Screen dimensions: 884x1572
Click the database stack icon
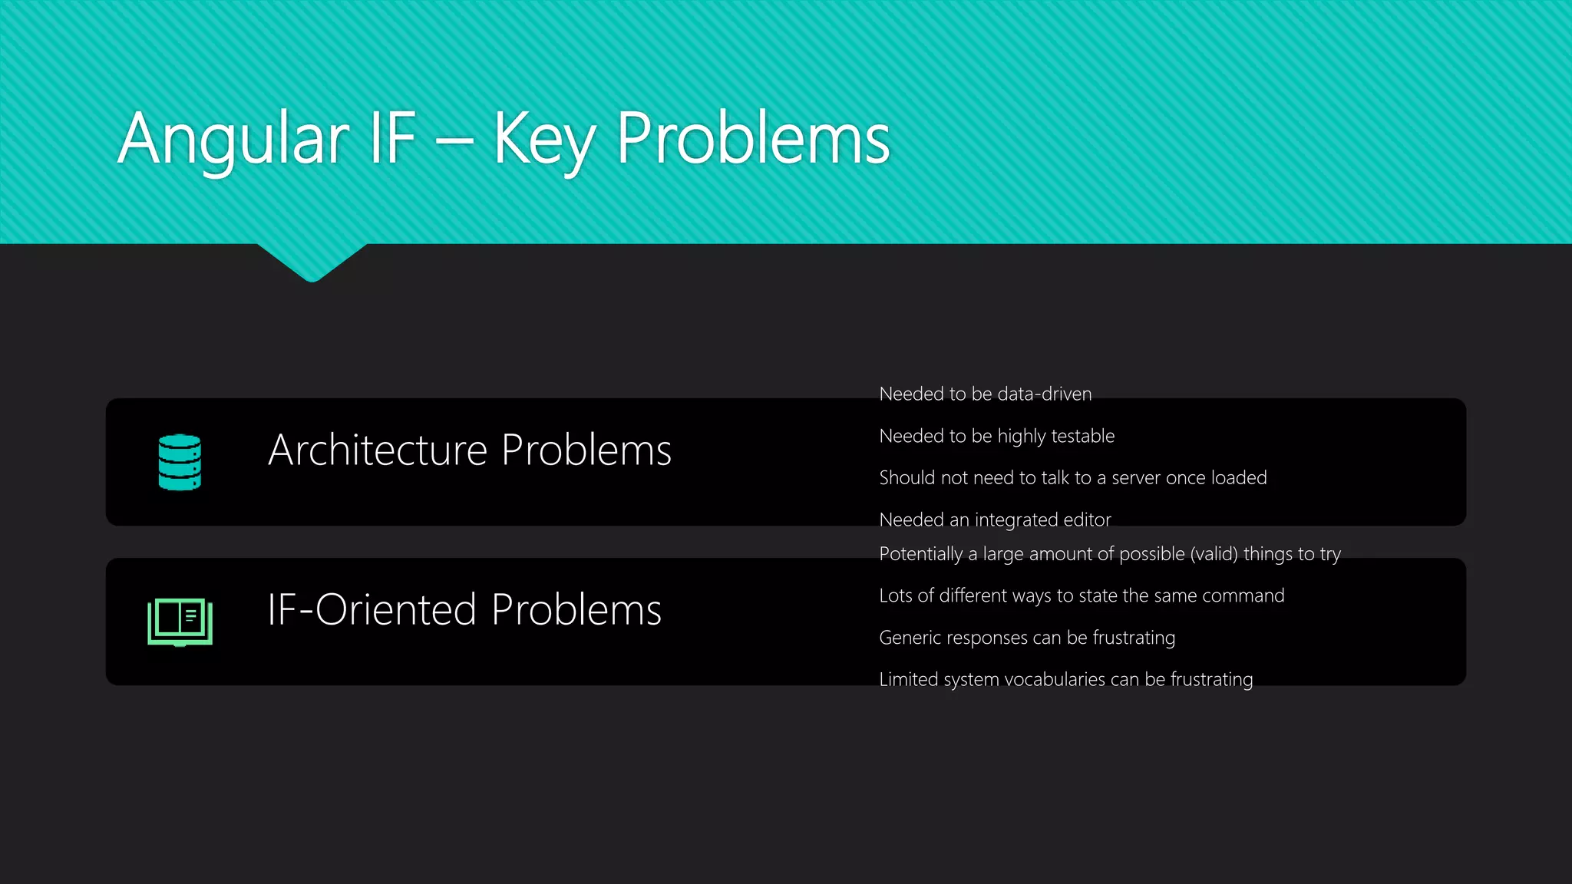coord(180,462)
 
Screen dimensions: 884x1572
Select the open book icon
coord(180,622)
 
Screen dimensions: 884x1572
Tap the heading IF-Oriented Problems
coord(464,610)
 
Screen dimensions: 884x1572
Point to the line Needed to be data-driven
coord(985,394)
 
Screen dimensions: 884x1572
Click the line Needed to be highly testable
coord(996,436)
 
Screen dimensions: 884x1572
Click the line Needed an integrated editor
coord(995,520)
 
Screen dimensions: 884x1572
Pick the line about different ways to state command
coord(1081,596)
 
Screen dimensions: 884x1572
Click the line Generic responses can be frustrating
coord(1026,638)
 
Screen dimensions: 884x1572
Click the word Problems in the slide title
coord(752,140)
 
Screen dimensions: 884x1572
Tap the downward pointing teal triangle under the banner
coord(312,261)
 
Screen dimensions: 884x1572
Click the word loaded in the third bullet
coord(1238,478)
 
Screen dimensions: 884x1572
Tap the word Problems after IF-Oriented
coord(576,610)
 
